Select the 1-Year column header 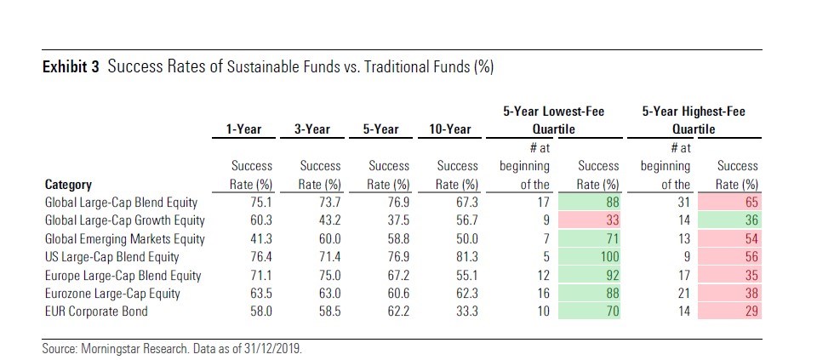click(x=243, y=129)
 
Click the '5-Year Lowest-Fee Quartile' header click(x=542, y=120)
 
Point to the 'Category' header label click(x=68, y=185)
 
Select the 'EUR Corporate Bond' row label click(x=96, y=311)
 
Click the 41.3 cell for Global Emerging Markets click(x=249, y=239)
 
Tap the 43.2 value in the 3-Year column click(x=318, y=221)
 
